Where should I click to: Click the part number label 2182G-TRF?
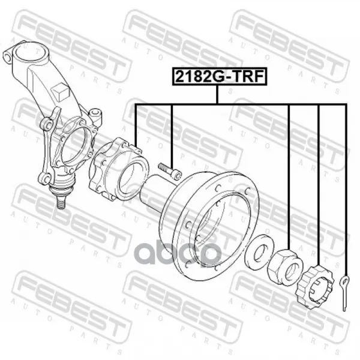pyautogui.click(x=220, y=76)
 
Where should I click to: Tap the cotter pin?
pyautogui.click(x=344, y=292)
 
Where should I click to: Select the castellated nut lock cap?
pyautogui.click(x=315, y=286)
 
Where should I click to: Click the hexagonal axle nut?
pyautogui.click(x=286, y=267)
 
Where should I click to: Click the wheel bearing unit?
pyautogui.click(x=118, y=169)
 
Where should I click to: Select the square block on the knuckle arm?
pyautogui.click(x=60, y=91)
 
